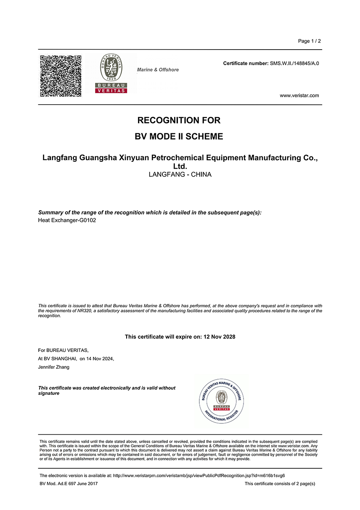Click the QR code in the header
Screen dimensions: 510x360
(x=61, y=76)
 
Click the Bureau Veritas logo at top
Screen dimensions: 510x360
(x=111, y=74)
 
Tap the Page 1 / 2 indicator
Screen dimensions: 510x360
(x=309, y=41)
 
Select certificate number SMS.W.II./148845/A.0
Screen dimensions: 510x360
(x=294, y=63)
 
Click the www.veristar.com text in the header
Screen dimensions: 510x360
(x=299, y=95)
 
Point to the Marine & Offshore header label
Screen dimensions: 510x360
(x=158, y=70)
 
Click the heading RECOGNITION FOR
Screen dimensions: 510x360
(x=179, y=120)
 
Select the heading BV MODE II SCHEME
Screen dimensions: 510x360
(x=179, y=137)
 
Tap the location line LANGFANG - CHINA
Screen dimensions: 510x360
(x=180, y=174)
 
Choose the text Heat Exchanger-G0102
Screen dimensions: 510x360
(x=67, y=220)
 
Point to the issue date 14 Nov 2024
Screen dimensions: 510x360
(x=100, y=359)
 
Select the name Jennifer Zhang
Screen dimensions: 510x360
(x=54, y=367)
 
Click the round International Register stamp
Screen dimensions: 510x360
(x=222, y=402)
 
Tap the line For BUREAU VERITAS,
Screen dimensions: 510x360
(x=64, y=350)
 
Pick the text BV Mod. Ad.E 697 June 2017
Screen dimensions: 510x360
(x=69, y=484)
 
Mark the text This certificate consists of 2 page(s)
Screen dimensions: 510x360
(x=280, y=484)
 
